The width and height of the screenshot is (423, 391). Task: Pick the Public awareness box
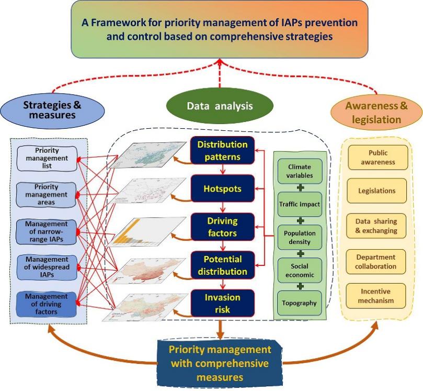tap(381, 158)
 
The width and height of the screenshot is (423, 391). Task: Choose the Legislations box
tap(381, 191)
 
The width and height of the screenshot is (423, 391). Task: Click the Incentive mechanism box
tap(381, 296)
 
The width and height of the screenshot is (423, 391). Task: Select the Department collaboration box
tap(381, 262)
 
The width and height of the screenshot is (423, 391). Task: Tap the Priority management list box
tap(47, 158)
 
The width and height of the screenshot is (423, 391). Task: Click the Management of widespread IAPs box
tap(47, 266)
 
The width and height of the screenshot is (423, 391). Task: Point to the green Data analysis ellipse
tap(220, 106)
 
